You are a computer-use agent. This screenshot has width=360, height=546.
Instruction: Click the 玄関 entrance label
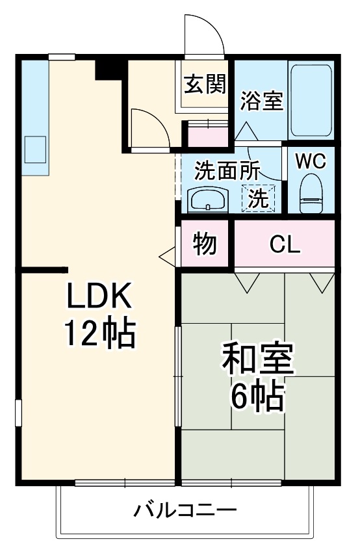(204, 84)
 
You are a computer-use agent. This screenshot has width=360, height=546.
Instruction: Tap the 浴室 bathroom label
(261, 101)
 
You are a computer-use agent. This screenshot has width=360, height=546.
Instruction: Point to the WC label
(311, 161)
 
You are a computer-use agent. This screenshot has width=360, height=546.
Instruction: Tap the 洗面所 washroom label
(227, 170)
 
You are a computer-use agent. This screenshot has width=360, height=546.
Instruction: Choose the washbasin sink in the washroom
(207, 199)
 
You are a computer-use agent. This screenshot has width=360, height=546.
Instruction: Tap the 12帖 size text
(99, 334)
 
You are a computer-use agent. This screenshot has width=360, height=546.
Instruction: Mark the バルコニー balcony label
(185, 510)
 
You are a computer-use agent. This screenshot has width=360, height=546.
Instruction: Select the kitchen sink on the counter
(36, 149)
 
